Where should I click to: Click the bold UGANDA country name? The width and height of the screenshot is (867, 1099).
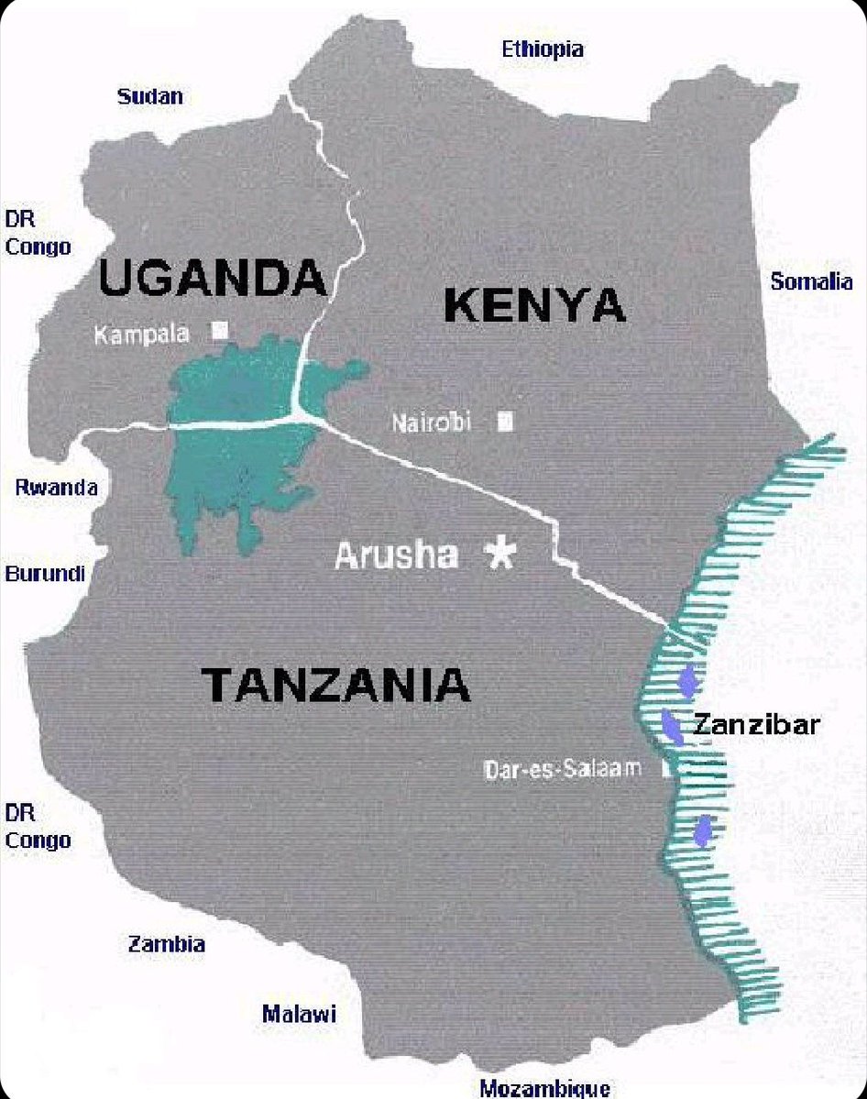[x=212, y=278]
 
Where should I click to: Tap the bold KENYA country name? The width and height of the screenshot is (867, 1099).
[x=534, y=305]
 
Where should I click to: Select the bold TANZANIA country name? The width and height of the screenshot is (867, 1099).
[x=335, y=685]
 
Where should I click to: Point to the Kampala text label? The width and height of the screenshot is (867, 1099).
[x=142, y=335]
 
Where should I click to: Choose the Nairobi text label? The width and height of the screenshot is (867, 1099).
[x=431, y=423]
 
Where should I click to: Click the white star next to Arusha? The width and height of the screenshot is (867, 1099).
[x=500, y=553]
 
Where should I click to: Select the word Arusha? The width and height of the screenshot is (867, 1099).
[x=396, y=555]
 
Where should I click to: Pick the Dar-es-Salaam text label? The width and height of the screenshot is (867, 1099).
[x=563, y=768]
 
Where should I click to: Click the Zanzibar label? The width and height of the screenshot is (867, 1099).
[x=756, y=725]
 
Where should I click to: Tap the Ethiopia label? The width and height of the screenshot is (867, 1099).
[x=543, y=49]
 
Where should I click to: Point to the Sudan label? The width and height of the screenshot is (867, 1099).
[x=150, y=96]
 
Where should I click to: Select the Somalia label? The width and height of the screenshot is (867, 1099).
[x=811, y=281]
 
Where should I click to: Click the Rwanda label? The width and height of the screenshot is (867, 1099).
[x=56, y=487]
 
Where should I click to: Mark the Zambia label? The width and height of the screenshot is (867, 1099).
[x=166, y=944]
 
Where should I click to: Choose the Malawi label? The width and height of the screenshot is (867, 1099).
[x=299, y=1014]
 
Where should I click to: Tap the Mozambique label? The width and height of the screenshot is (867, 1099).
[x=544, y=1088]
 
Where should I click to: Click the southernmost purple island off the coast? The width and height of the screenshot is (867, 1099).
[x=703, y=831]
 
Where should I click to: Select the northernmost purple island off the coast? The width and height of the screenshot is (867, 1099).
[x=689, y=681]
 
